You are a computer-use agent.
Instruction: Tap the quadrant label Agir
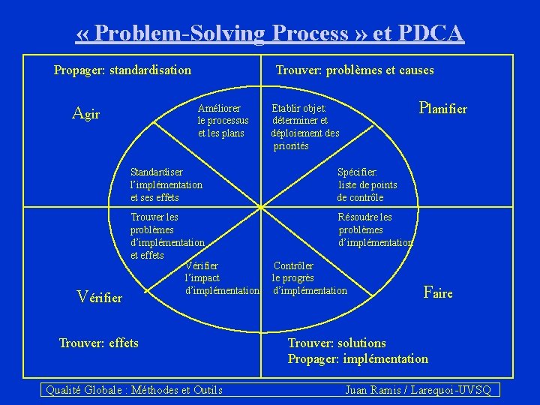(85, 114)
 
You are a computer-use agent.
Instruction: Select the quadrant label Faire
(438, 292)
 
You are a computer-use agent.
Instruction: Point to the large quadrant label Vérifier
(100, 297)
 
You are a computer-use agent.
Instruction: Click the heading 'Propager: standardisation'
(122, 70)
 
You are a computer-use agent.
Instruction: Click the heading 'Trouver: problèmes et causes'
(355, 70)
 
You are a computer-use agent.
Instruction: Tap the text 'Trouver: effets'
(98, 343)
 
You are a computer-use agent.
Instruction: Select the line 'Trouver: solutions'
(337, 343)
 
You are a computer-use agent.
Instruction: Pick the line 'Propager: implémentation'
(358, 358)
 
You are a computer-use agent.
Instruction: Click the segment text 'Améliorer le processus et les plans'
(223, 121)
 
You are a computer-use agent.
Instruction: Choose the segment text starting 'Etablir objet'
(304, 127)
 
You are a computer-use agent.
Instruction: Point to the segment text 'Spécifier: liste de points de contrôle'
(367, 184)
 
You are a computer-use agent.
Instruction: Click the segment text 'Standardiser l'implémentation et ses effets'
(166, 184)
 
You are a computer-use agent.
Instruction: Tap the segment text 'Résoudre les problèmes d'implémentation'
(375, 229)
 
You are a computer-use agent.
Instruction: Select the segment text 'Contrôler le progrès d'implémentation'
(309, 277)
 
